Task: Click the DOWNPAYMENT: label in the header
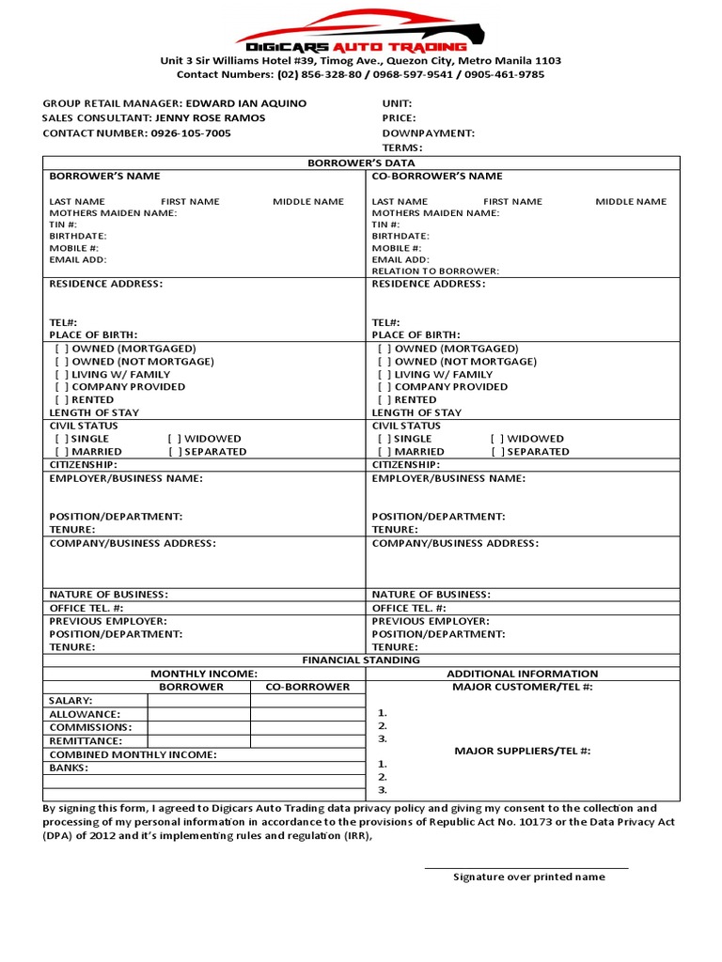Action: [428, 133]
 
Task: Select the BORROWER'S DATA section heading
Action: [362, 163]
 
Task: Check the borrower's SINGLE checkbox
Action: [61, 439]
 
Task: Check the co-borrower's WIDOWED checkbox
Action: [496, 439]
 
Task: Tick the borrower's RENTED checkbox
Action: [61, 399]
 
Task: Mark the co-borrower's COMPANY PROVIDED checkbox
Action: [385, 386]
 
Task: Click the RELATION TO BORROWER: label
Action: [435, 271]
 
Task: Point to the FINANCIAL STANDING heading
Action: [361, 660]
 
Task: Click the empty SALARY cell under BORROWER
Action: [198, 701]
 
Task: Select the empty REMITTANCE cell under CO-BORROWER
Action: [306, 740]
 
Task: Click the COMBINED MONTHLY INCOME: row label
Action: [133, 754]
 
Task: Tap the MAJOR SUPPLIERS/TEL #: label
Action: [523, 751]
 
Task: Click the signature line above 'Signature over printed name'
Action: [526, 868]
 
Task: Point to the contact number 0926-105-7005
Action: [190, 133]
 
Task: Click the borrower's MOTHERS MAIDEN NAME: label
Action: [113, 213]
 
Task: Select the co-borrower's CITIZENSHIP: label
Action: [406, 464]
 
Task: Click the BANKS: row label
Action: [69, 768]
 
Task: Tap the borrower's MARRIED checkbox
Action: [61, 452]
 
